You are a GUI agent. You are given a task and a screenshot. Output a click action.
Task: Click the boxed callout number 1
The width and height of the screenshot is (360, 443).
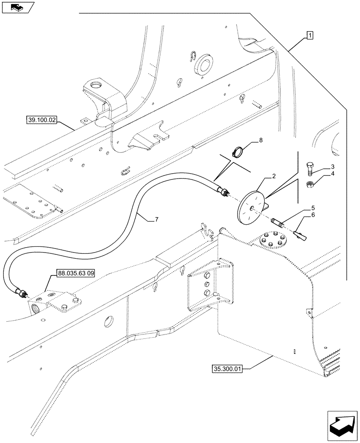click(x=309, y=35)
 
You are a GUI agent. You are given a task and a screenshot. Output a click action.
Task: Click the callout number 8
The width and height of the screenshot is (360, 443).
click(x=261, y=140)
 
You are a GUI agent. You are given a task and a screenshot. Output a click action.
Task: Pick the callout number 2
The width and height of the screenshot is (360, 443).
click(x=274, y=176)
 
